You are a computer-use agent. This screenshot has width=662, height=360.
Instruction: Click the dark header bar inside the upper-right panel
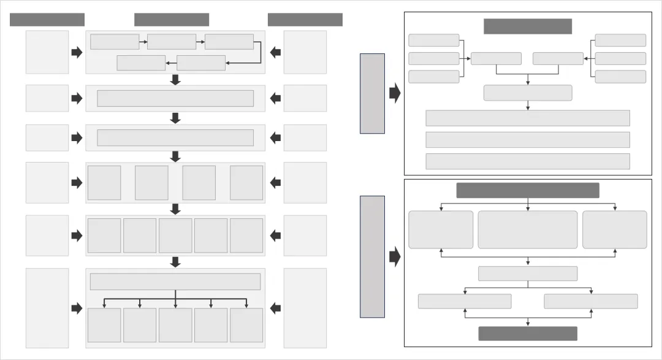[527, 26]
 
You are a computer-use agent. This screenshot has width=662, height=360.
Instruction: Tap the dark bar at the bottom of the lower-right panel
[527, 333]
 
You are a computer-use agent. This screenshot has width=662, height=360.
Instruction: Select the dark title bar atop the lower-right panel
[527, 190]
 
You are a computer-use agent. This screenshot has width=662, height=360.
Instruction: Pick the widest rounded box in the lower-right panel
[527, 229]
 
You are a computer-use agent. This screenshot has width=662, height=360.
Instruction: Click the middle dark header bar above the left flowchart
[172, 20]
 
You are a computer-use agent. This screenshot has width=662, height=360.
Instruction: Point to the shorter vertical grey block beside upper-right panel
[372, 93]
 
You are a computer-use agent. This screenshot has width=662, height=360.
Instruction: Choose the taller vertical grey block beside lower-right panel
[372, 256]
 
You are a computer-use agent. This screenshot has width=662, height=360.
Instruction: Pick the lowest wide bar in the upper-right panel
[527, 161]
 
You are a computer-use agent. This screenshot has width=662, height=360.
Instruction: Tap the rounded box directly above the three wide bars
[527, 93]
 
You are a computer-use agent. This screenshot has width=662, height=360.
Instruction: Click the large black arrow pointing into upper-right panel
[395, 93]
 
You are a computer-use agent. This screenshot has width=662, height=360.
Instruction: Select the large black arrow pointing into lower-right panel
[395, 256]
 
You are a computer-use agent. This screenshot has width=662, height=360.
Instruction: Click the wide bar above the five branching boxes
[175, 281]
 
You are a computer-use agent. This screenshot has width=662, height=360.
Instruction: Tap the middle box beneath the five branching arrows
[175, 325]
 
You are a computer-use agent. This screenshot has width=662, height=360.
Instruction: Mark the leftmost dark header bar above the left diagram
[47, 20]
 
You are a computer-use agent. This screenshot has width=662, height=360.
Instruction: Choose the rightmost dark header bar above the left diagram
[305, 20]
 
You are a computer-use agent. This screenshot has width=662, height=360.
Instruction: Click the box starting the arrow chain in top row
[115, 42]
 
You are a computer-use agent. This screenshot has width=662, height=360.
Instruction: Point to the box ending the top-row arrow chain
[141, 63]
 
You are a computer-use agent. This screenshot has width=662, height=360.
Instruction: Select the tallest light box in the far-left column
[47, 308]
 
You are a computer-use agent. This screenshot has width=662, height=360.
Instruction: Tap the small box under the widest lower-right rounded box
[527, 274]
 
